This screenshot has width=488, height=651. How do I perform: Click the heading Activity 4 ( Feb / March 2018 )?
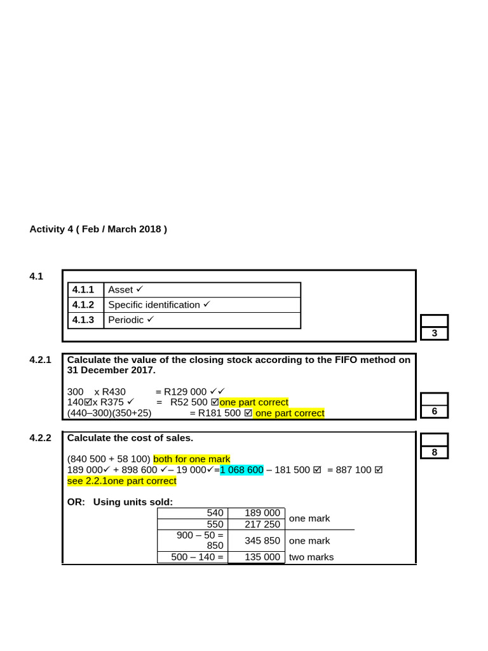[98, 229]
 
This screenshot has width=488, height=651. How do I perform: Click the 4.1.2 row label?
[83, 305]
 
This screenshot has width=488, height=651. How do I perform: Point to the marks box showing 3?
[435, 334]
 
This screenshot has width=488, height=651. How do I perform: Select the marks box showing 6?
[435, 411]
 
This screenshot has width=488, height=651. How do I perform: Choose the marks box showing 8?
[435, 452]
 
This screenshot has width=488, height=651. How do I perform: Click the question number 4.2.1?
[40, 360]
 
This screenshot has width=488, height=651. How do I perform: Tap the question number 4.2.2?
[40, 438]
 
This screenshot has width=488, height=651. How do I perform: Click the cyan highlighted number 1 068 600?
[241, 470]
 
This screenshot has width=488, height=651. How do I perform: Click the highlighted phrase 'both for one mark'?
[192, 459]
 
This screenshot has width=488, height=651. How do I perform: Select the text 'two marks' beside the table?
[311, 557]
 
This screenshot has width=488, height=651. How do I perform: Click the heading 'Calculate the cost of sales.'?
[130, 438]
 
